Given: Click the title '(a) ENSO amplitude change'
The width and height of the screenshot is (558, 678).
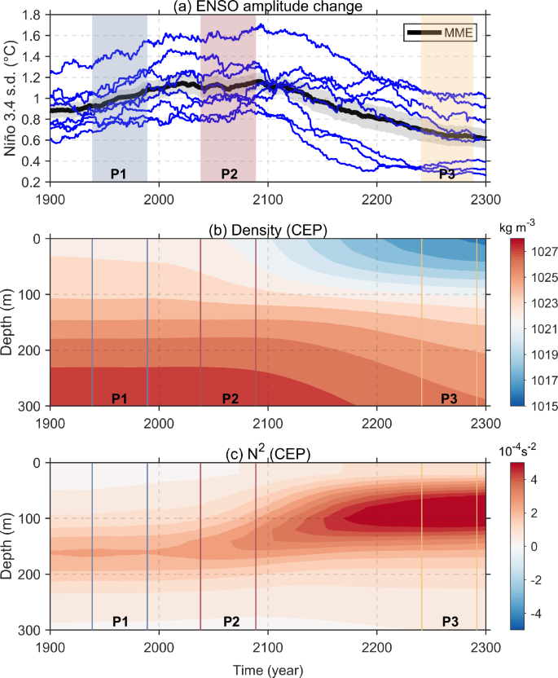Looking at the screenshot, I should tap(268, 7).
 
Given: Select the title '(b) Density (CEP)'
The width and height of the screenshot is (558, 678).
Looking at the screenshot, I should tap(268, 229).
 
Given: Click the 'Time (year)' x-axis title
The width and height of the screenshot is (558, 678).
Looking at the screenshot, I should tap(268, 670).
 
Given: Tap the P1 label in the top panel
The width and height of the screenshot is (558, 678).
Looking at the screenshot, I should tap(120, 174).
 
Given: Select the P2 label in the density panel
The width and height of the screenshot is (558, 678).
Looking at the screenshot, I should tap(230, 398).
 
